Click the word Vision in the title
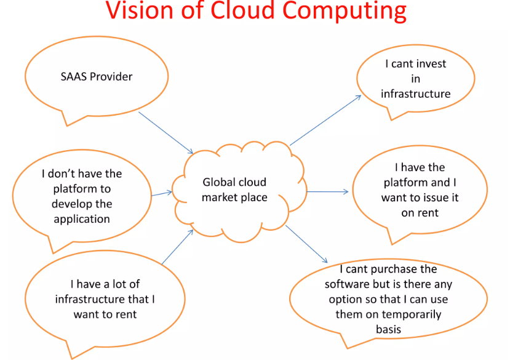pos(140,10)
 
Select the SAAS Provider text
pos(96,76)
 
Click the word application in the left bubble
pos(82,219)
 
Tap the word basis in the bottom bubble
pos(388,329)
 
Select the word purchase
pos(394,270)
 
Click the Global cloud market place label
pos(234,190)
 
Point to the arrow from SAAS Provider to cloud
pos(166,133)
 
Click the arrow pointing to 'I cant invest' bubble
pos(325,120)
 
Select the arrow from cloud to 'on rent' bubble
pos(327,192)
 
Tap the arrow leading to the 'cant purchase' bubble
pos(306,244)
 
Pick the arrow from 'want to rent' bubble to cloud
pos(178,247)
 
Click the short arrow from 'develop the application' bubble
pos(162,194)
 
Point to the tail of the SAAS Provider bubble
pos(67,126)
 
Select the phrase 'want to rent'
pos(105,314)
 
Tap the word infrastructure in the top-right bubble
pos(416,94)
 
